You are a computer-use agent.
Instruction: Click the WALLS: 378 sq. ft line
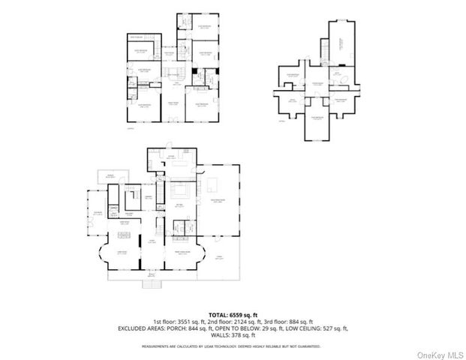tap(233, 336)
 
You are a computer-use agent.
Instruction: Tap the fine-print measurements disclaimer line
tap(233, 346)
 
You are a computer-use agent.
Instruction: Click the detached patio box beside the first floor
tap(112, 175)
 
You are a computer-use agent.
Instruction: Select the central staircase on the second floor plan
tap(174, 74)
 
